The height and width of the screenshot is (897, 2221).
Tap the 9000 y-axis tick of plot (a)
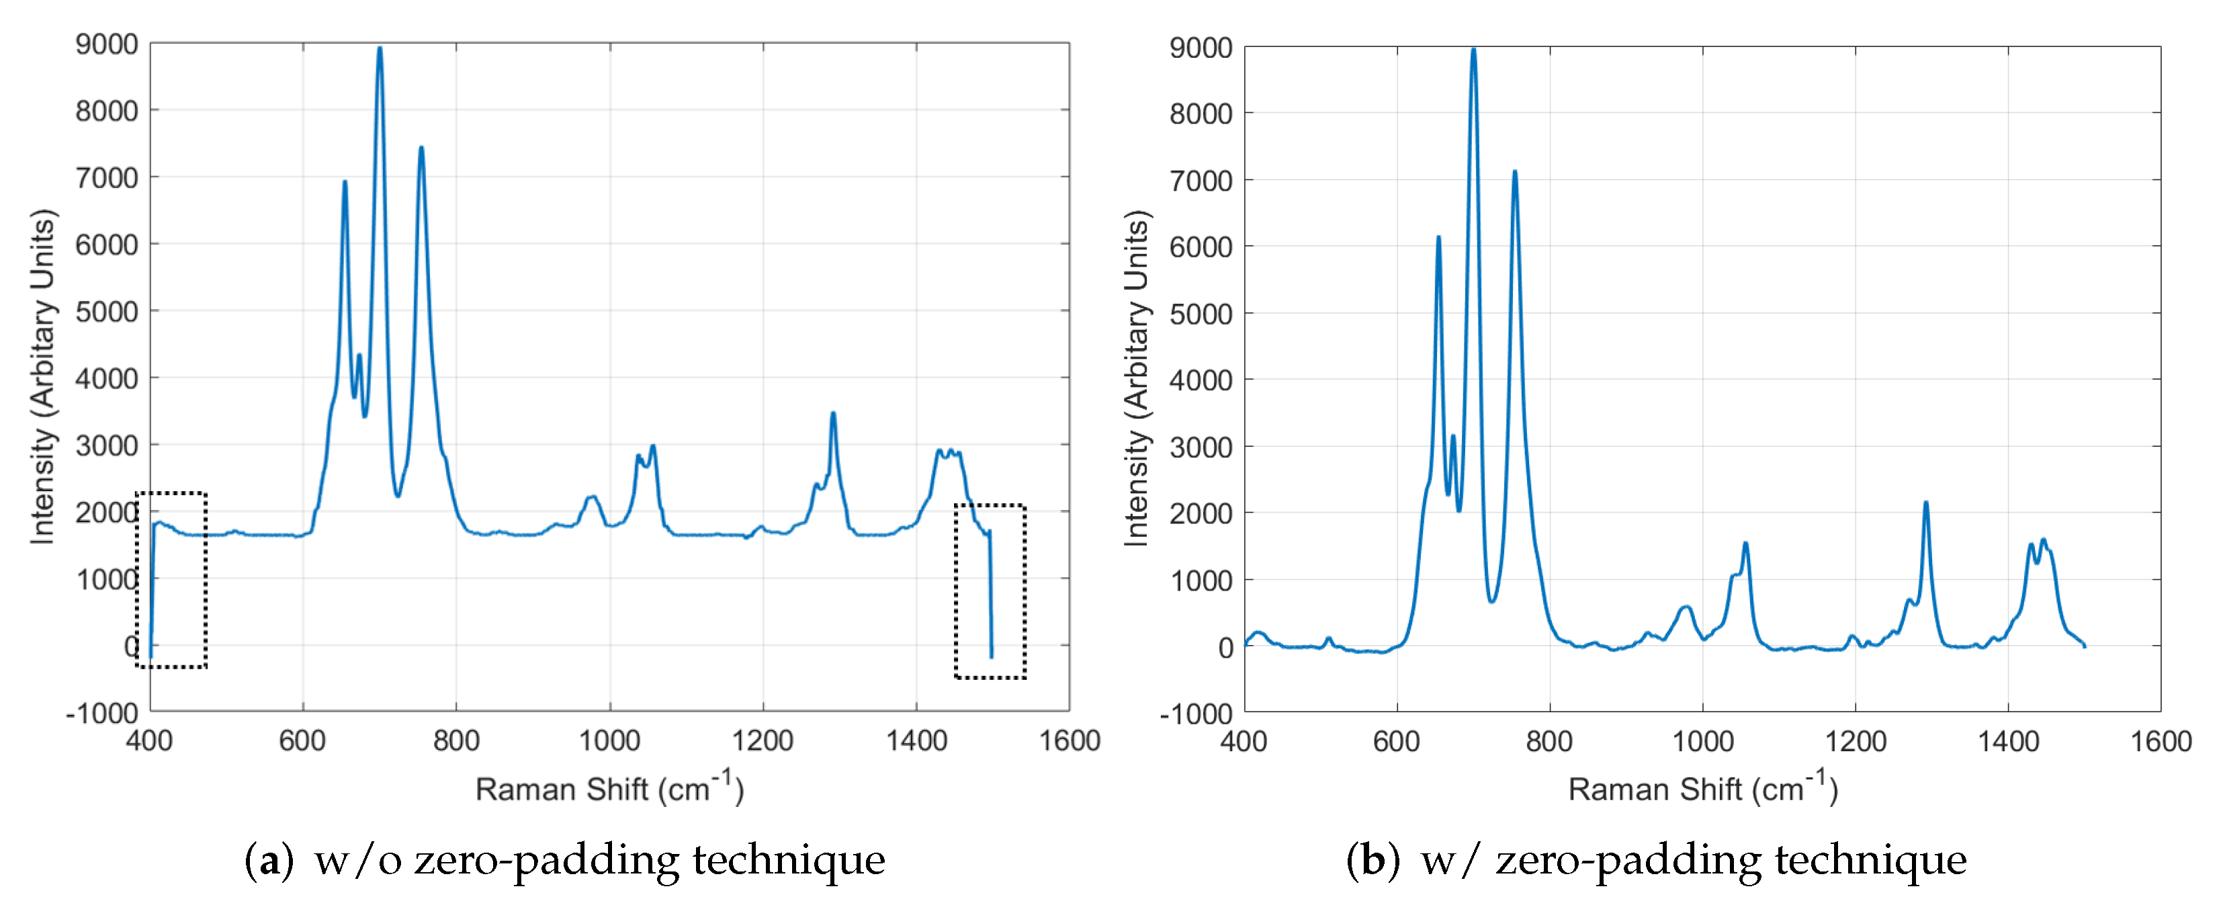point(106,44)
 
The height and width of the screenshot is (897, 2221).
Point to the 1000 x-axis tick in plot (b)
point(1703,741)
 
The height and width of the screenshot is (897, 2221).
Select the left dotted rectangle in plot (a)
point(171,580)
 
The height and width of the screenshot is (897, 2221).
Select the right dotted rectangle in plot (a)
point(990,592)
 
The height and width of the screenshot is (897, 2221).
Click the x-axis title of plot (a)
point(609,788)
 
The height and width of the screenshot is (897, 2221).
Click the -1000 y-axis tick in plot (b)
point(1196,714)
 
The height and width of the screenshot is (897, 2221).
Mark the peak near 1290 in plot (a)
point(833,415)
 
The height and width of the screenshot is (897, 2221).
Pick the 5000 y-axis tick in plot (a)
point(106,311)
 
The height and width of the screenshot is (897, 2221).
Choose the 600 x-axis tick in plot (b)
point(1397,741)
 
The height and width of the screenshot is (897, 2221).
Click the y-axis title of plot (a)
point(43,376)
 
